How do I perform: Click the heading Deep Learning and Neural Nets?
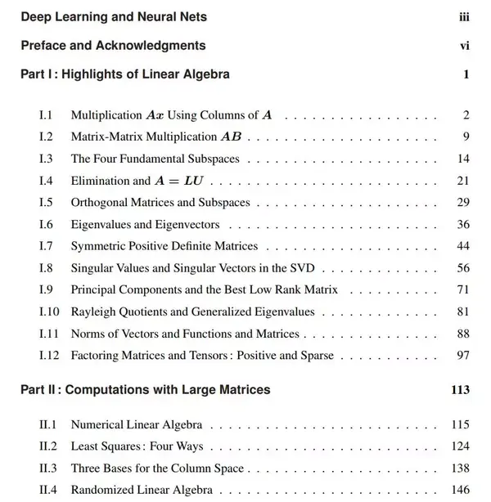114,16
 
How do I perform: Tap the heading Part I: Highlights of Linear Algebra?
125,74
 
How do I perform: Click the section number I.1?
46,115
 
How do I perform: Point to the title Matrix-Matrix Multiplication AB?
155,137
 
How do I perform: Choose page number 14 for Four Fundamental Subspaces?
463,159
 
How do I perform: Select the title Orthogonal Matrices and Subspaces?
160,202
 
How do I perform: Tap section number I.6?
46,224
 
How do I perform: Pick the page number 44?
463,246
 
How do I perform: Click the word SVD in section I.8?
302,268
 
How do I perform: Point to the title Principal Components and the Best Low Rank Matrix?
205,289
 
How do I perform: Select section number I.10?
49,312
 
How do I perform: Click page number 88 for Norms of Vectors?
463,334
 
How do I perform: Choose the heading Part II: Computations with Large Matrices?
146,390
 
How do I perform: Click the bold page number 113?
460,390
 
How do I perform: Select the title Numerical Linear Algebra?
137,425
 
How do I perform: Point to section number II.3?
48,468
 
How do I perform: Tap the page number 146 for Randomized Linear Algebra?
460,491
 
